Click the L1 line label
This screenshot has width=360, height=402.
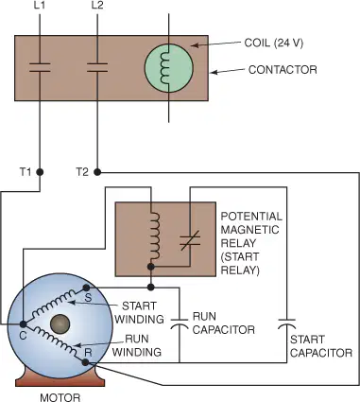pyautogui.click(x=40, y=6)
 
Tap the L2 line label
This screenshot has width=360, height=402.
pyautogui.click(x=97, y=6)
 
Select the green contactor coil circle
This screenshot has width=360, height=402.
pyautogui.click(x=168, y=68)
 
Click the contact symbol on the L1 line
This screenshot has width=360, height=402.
pyautogui.click(x=40, y=67)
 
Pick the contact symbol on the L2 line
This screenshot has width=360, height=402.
pyautogui.click(x=97, y=67)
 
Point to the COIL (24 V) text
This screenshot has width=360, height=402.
pyautogui.click(x=273, y=43)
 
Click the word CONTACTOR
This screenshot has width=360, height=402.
pyautogui.click(x=283, y=70)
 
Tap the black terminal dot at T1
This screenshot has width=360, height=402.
pyautogui.click(x=40, y=172)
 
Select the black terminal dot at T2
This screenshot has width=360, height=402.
pyautogui.click(x=97, y=172)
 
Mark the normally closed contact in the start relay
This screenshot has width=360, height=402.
pyautogui.click(x=190, y=240)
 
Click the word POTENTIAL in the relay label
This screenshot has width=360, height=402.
pyautogui.click(x=251, y=217)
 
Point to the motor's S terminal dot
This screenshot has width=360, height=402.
pyautogui.click(x=86, y=288)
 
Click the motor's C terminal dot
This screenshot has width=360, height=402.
pyautogui.click(x=23, y=323)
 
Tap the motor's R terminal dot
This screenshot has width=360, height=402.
pyautogui.click(x=85, y=362)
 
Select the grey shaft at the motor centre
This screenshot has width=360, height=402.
pyautogui.click(x=60, y=323)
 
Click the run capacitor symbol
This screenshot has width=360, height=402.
pyautogui.click(x=180, y=323)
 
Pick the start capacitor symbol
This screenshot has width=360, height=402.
pyautogui.click(x=286, y=323)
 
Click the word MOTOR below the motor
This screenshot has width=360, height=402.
pyautogui.click(x=60, y=397)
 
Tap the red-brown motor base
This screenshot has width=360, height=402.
pyautogui.click(x=60, y=379)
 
